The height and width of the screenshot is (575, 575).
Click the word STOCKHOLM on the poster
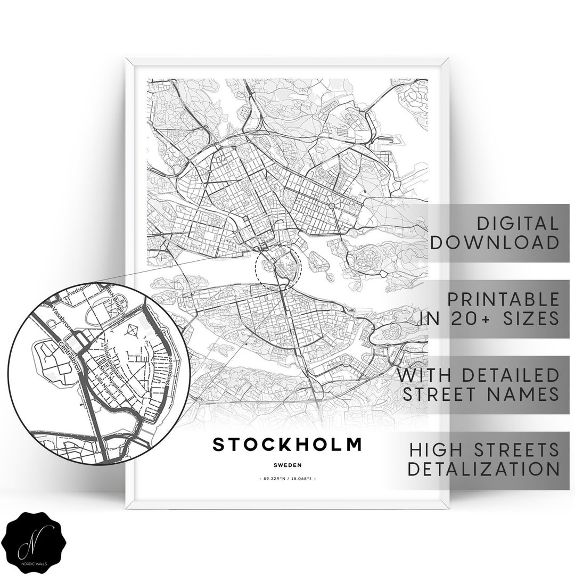click(x=287, y=445)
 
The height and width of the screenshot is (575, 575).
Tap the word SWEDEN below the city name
click(x=288, y=465)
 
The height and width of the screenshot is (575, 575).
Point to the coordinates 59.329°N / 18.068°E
click(x=288, y=479)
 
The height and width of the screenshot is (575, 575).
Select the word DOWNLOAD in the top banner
click(x=495, y=242)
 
